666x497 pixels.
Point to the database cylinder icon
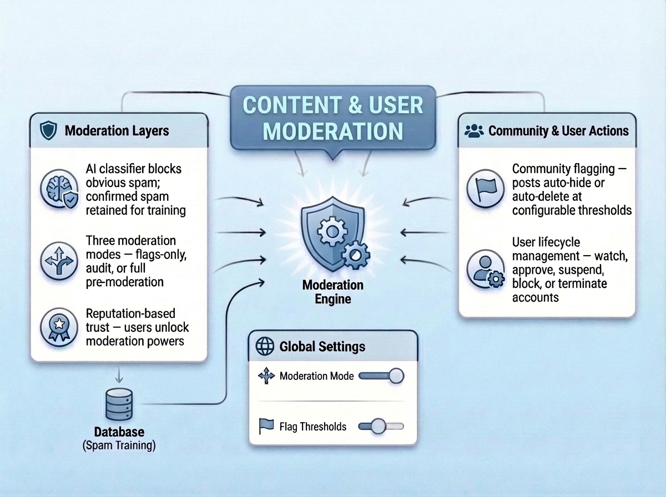click(118, 405)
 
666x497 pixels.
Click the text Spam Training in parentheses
click(118, 445)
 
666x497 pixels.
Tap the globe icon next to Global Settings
click(264, 347)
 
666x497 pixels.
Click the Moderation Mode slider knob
click(396, 376)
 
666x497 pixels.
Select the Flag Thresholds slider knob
click(378, 426)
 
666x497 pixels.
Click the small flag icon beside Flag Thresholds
click(266, 426)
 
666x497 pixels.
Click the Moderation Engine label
click(333, 292)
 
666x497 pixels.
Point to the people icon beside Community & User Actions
click(473, 131)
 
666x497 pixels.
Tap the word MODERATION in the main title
click(332, 131)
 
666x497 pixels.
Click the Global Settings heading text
click(322, 347)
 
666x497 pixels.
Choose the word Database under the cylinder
click(118, 432)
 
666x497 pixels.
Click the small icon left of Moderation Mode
click(266, 376)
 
